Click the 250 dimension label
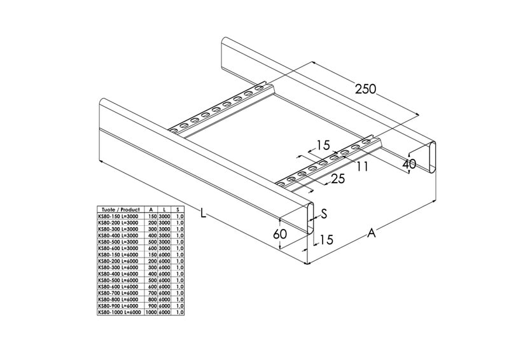click(x=365, y=88)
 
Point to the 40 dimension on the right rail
click(x=410, y=164)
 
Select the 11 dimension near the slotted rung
click(x=363, y=166)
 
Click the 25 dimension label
click(x=338, y=179)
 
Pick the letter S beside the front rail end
click(x=323, y=214)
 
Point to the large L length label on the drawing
click(x=203, y=214)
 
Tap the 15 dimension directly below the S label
click(x=326, y=240)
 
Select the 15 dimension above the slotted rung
click(x=323, y=145)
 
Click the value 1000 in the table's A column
click(x=151, y=312)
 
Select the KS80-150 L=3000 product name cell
click(x=118, y=216)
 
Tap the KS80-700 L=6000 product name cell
click(x=118, y=293)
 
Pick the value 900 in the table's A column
click(x=151, y=306)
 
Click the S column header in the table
click(x=178, y=209)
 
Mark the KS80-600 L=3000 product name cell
click(x=118, y=248)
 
